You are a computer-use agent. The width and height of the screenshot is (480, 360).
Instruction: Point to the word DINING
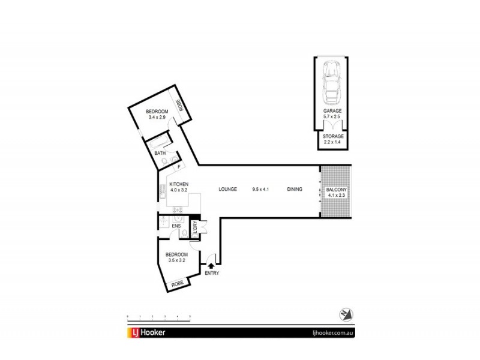pyautogui.click(x=295, y=190)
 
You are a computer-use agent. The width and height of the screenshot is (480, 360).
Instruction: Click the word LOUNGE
pyautogui.click(x=227, y=190)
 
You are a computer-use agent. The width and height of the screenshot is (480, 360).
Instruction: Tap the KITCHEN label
pyautogui.click(x=179, y=184)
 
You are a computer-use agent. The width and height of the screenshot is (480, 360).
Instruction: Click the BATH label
pyautogui.click(x=160, y=154)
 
